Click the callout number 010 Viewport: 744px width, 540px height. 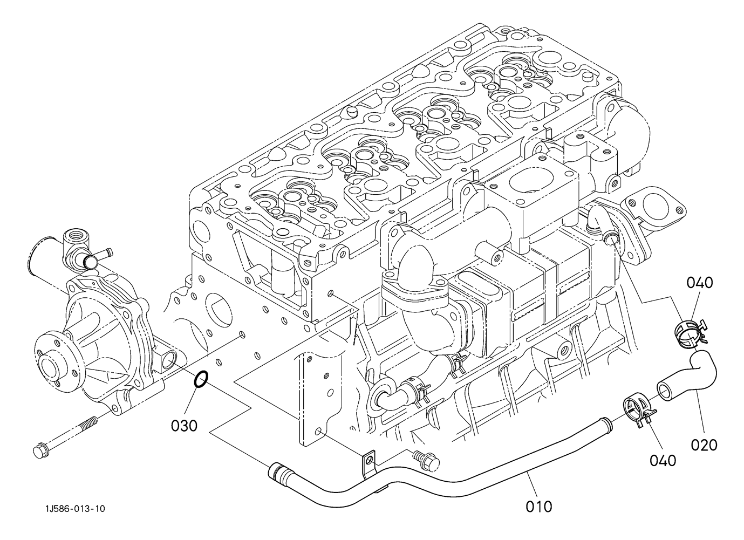539,507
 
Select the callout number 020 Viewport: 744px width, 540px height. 704,445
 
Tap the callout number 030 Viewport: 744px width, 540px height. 184,426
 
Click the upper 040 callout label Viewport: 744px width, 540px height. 700,283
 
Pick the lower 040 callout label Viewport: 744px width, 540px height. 663,461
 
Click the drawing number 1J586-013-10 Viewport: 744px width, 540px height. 76,509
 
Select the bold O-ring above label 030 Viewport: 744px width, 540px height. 201,379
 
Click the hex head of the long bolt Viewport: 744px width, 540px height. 40,452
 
